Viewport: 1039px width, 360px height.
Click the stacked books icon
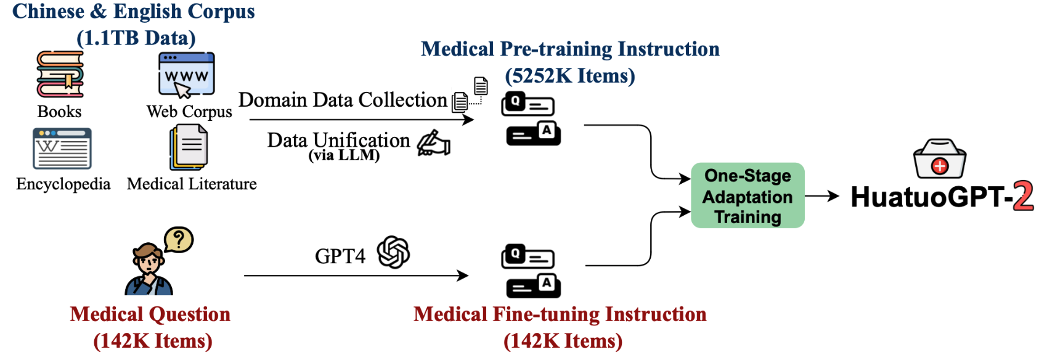60,75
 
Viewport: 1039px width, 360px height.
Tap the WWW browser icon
186,75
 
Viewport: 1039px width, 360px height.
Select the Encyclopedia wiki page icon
62,149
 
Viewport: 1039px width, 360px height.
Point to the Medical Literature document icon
189,147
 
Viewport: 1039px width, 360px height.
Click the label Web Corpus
189,112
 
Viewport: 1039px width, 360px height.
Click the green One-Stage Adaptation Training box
748,196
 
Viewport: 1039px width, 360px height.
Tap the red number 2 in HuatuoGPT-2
1023,197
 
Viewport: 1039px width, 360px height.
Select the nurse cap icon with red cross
939,159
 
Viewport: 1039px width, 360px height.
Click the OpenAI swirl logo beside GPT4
394,252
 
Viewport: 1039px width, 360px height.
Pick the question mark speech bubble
179,240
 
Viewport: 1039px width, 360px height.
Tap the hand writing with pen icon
434,143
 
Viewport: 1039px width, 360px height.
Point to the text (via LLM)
344,155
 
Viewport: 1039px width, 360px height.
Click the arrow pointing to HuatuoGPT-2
822,197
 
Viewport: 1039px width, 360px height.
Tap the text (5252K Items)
570,76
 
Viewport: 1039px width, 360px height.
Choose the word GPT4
340,256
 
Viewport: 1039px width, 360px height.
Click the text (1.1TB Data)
136,38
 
